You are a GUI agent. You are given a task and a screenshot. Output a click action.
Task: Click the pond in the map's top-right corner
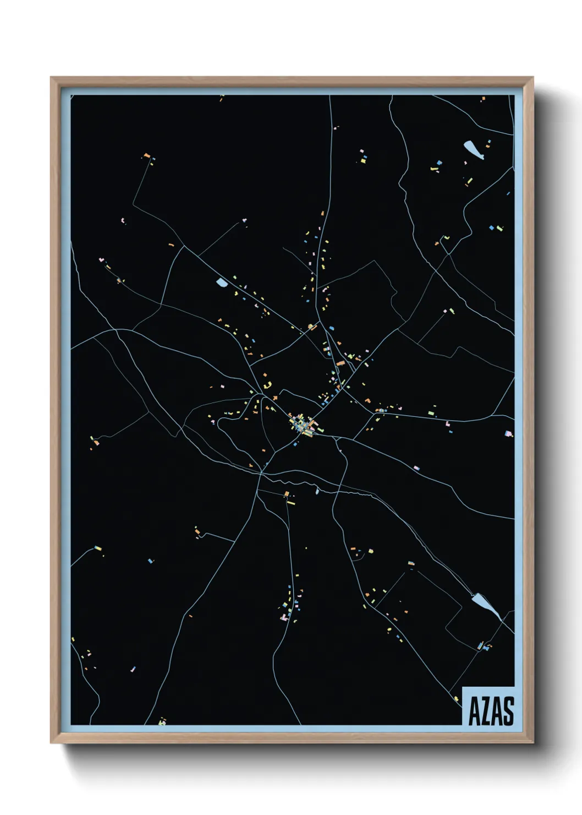(473, 149)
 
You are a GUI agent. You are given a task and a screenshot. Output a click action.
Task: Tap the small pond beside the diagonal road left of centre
(222, 282)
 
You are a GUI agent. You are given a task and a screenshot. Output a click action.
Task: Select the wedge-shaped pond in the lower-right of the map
(485, 605)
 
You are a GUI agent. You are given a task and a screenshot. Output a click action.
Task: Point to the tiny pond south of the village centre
(317, 491)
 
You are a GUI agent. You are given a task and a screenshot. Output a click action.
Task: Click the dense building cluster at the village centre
(301, 425)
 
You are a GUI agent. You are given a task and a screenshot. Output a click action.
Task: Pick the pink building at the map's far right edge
(508, 433)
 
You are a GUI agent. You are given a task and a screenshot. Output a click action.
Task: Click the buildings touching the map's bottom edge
(162, 721)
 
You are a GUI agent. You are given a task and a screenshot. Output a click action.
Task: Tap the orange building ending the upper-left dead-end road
(146, 155)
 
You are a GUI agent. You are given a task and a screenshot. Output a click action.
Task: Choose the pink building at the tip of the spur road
(244, 220)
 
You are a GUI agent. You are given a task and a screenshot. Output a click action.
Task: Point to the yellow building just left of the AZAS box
(456, 698)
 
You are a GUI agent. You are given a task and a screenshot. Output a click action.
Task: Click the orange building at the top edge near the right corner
(483, 99)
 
